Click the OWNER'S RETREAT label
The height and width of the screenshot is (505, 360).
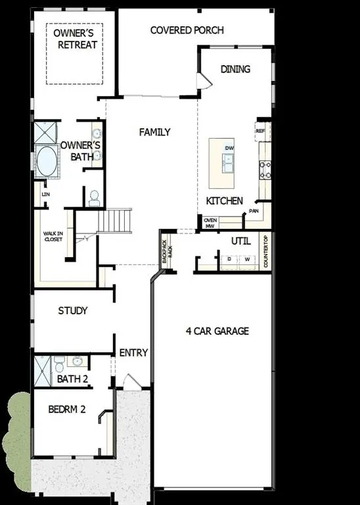click(x=75, y=39)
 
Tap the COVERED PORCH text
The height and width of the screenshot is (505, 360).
click(x=187, y=30)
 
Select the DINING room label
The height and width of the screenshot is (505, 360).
click(x=235, y=69)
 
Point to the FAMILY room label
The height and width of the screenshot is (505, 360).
click(x=154, y=132)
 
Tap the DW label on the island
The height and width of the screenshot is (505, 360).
click(x=229, y=149)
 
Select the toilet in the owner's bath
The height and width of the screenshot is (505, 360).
click(x=94, y=196)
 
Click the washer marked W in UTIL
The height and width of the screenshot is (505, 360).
click(x=248, y=260)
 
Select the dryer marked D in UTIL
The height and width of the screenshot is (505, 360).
click(x=229, y=260)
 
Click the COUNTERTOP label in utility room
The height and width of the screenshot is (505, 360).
click(x=265, y=251)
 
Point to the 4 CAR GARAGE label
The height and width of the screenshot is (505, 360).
click(x=217, y=331)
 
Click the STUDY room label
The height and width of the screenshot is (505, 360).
click(x=72, y=310)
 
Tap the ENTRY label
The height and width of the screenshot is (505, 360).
click(x=133, y=353)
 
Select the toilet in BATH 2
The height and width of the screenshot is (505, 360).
click(x=59, y=362)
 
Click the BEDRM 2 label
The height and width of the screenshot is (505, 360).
click(x=67, y=408)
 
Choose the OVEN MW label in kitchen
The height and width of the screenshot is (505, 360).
click(x=210, y=223)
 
